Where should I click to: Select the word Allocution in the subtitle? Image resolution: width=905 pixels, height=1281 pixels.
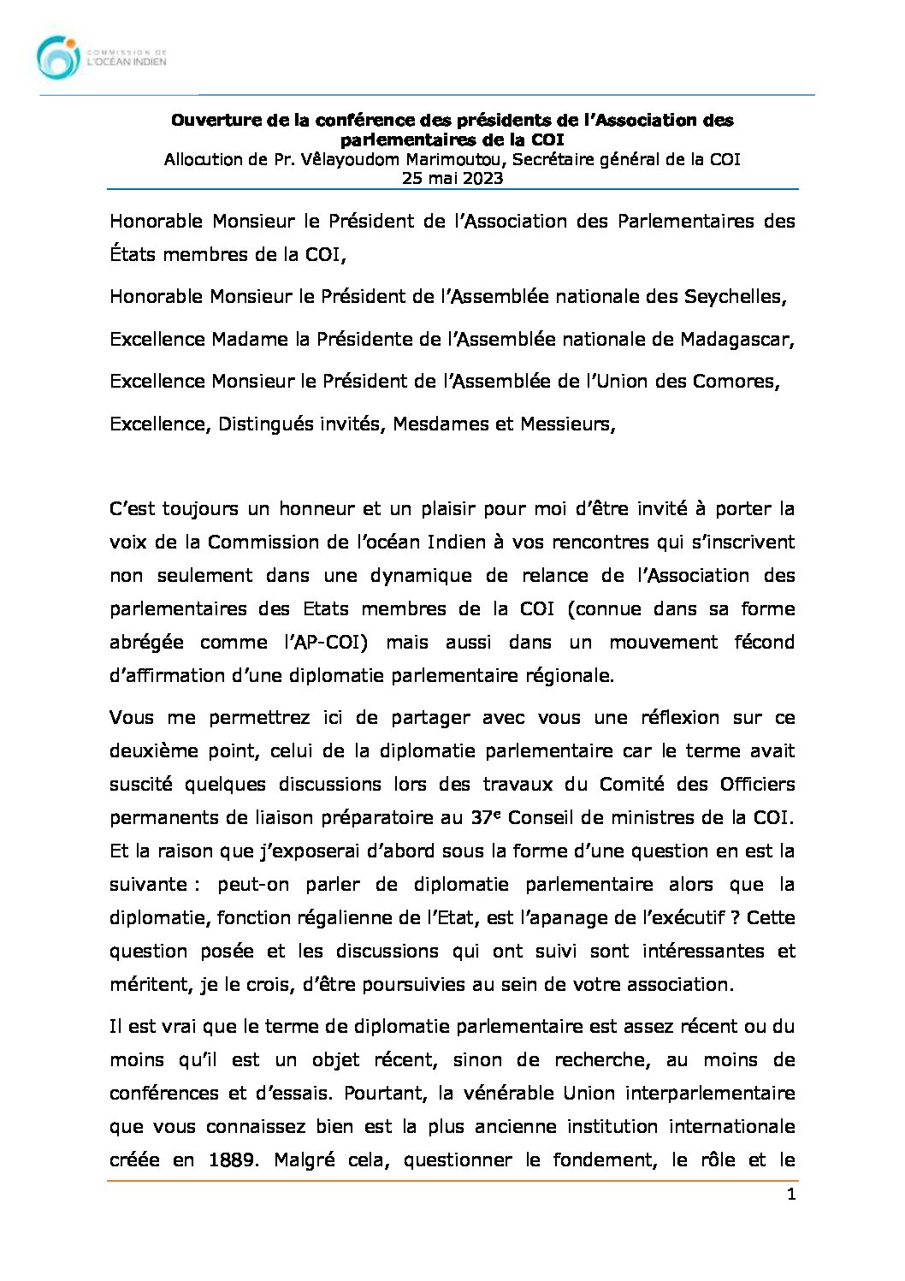[x=204, y=159]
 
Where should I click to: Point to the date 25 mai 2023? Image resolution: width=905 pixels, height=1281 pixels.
[x=452, y=178]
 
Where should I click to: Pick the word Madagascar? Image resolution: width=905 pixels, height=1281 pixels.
[x=736, y=339]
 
